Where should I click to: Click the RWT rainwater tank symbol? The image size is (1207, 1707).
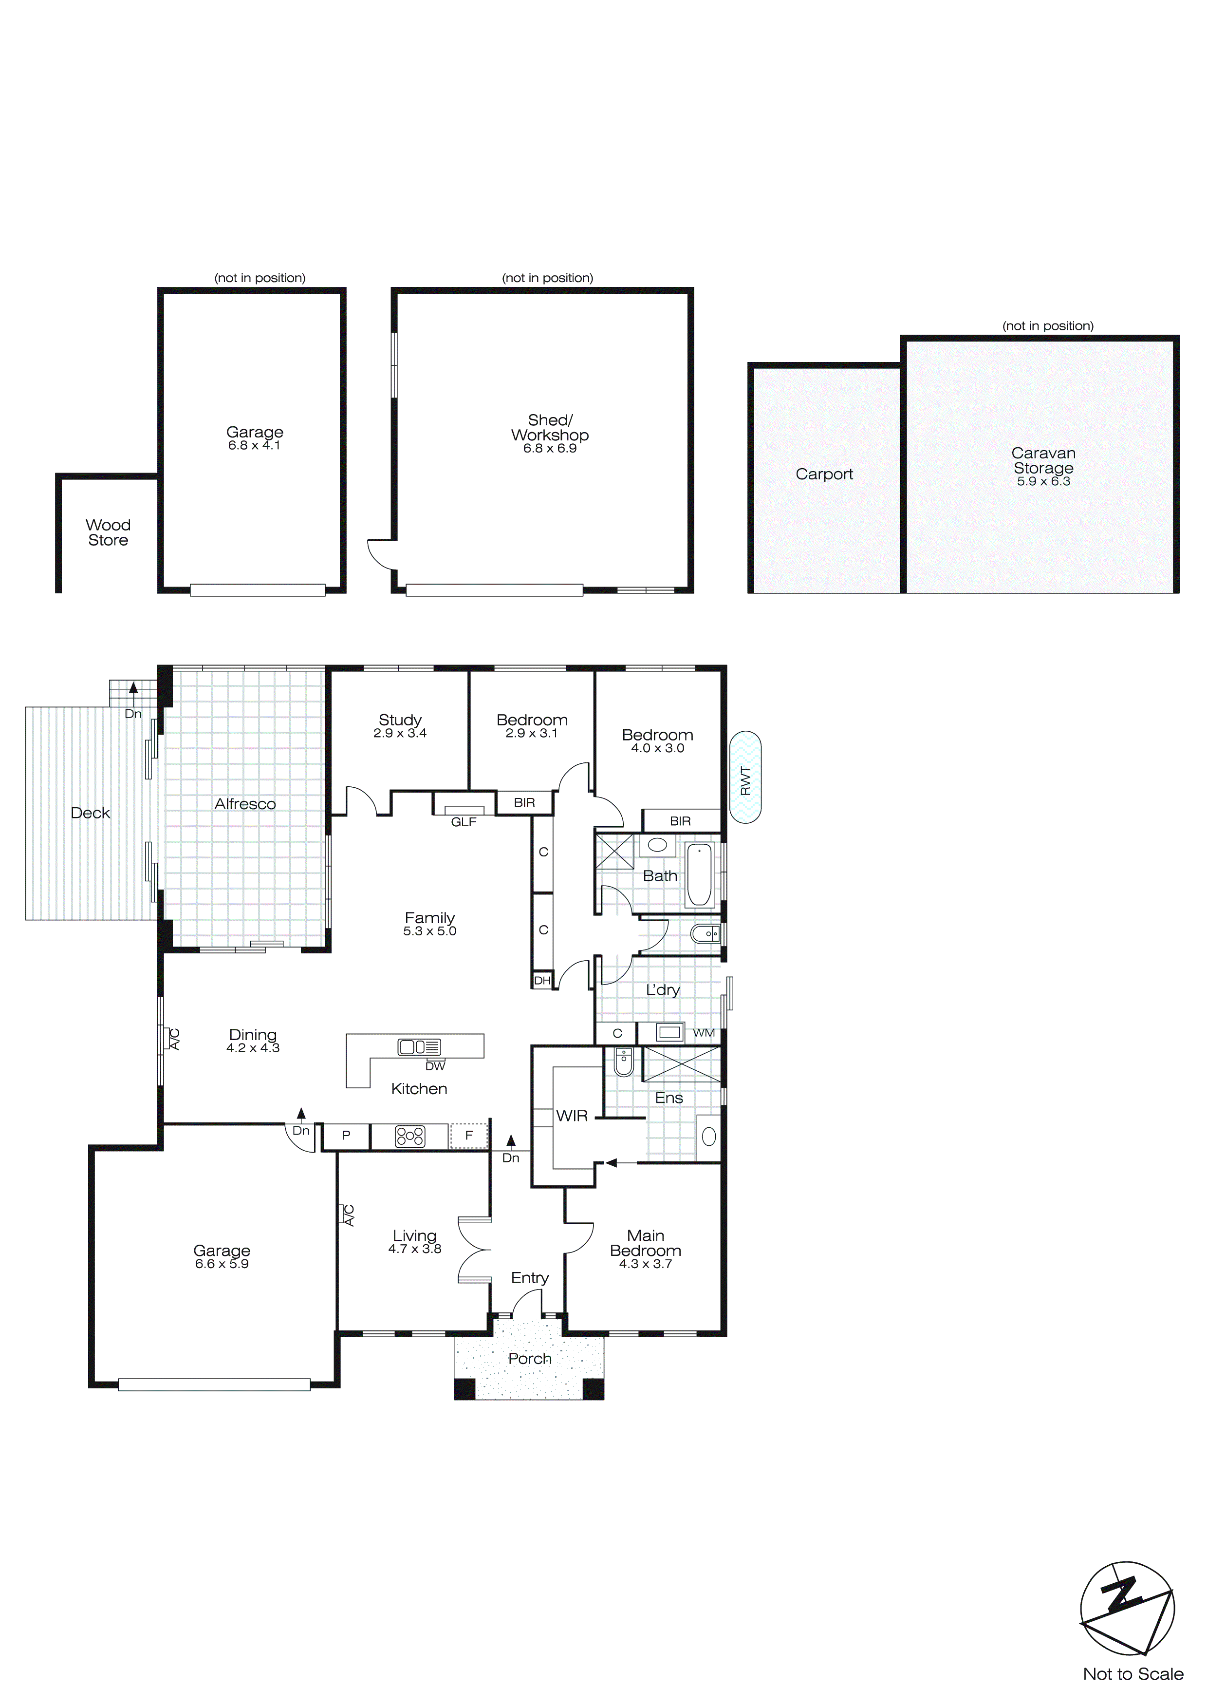[745, 777]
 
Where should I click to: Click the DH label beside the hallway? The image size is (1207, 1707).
[542, 981]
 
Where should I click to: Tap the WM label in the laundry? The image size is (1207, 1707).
[703, 1033]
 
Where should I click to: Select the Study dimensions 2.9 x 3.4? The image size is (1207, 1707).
[400, 733]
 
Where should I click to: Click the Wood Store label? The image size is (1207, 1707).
[108, 533]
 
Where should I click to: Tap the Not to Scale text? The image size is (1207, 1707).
[1133, 1674]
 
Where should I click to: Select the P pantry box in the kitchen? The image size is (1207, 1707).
[346, 1136]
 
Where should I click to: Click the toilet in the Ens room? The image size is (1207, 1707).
[623, 1063]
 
